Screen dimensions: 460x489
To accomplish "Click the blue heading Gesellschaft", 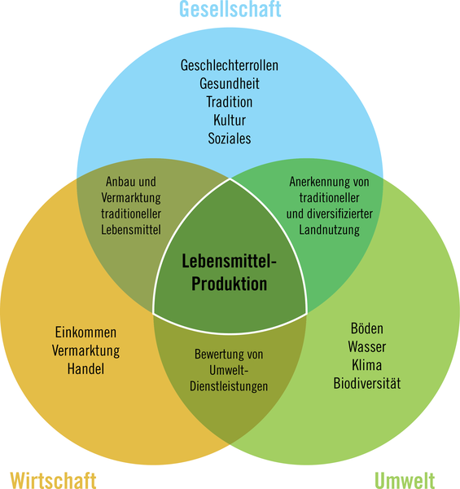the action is [230, 8].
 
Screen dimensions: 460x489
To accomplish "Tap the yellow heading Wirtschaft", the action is [53, 480].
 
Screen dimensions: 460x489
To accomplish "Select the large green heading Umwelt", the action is [405, 480].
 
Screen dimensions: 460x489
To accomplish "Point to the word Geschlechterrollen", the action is [230, 65].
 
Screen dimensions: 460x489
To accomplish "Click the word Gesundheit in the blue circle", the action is [230, 84].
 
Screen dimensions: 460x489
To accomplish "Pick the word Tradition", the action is [230, 102].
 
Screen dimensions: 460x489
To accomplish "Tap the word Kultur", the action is [230, 120].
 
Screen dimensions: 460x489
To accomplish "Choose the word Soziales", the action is [230, 139].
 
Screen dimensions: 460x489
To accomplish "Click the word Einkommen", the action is [85, 333].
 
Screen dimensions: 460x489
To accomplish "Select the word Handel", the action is [85, 369].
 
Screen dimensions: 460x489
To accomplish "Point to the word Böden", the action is [367, 328].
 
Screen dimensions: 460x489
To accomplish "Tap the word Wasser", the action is [367, 347].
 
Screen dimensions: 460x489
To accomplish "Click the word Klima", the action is [367, 365].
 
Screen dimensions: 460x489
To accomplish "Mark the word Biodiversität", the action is [367, 383].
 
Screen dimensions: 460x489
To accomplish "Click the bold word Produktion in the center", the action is [230, 284].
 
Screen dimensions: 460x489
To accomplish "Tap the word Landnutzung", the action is [330, 230].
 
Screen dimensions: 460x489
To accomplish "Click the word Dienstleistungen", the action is [229, 386].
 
